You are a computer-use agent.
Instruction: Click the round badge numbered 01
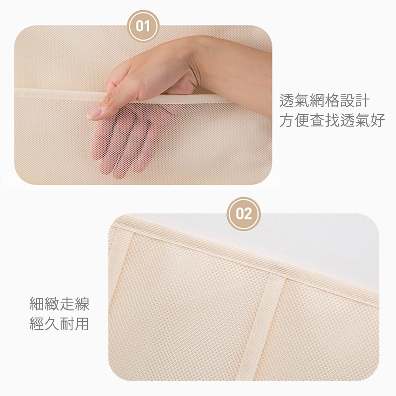(143, 26)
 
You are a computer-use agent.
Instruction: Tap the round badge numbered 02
(244, 214)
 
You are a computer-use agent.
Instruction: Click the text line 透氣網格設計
(325, 101)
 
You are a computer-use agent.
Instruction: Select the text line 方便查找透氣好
(332, 120)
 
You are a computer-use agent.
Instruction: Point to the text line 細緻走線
(59, 304)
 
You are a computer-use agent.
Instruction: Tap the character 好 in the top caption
(377, 120)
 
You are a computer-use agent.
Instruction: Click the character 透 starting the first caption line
(287, 101)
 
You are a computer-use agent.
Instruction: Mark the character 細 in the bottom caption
(36, 304)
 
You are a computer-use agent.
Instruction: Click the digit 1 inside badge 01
(148, 26)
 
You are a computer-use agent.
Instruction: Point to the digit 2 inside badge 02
(248, 214)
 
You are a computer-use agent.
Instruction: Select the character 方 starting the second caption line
(287, 120)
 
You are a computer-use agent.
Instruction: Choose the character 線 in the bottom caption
(82, 304)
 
